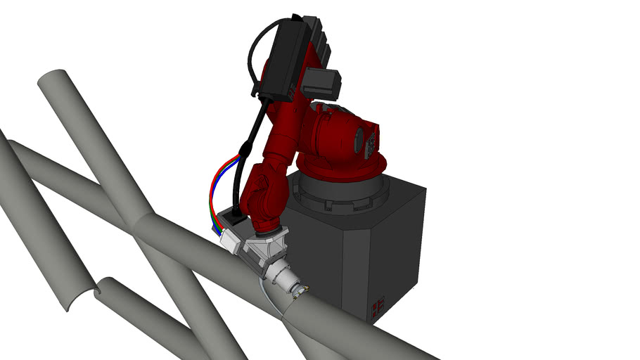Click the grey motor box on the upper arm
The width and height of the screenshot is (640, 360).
pyautogui.click(x=322, y=84)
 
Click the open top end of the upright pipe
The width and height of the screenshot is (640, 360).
pyautogui.click(x=52, y=82)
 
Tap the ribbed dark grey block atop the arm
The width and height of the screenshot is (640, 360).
pyautogui.click(x=316, y=35)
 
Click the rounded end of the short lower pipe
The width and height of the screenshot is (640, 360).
pyautogui.click(x=105, y=287)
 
